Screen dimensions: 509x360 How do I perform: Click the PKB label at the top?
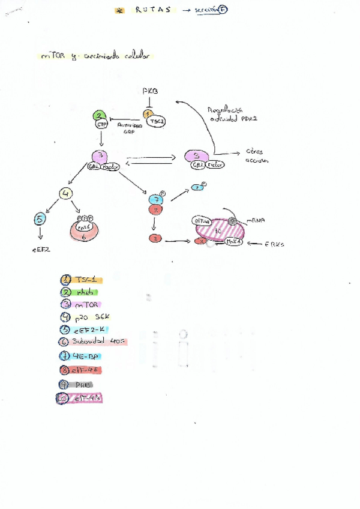150,90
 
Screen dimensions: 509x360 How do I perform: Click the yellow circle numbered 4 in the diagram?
66,194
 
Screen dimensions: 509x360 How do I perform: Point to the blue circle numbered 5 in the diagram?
40,220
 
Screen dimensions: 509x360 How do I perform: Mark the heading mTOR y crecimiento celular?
94,56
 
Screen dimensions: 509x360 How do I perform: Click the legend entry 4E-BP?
86,357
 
